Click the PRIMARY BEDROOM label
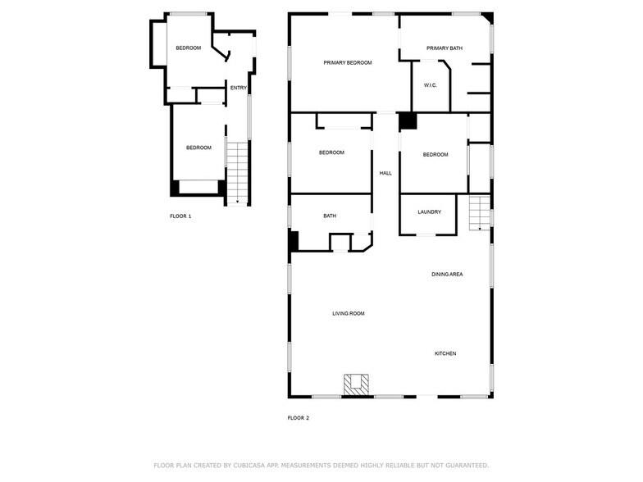coord(348,63)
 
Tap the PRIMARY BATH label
coord(445,48)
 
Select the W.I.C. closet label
coord(431,85)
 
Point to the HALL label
coord(385,173)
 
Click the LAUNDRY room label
coord(429,212)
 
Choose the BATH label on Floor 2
coord(330,216)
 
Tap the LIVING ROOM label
coord(348,313)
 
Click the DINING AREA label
coord(447,274)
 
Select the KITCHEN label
coord(445,353)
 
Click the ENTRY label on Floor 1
coord(239,88)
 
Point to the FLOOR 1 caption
coord(180,216)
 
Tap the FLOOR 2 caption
coord(298,418)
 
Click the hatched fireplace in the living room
coord(356,384)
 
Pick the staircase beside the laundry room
coord(479,215)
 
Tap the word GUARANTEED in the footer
coord(465,465)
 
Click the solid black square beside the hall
coord(408,121)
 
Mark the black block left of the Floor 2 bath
coord(294,241)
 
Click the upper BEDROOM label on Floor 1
coord(189,48)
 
